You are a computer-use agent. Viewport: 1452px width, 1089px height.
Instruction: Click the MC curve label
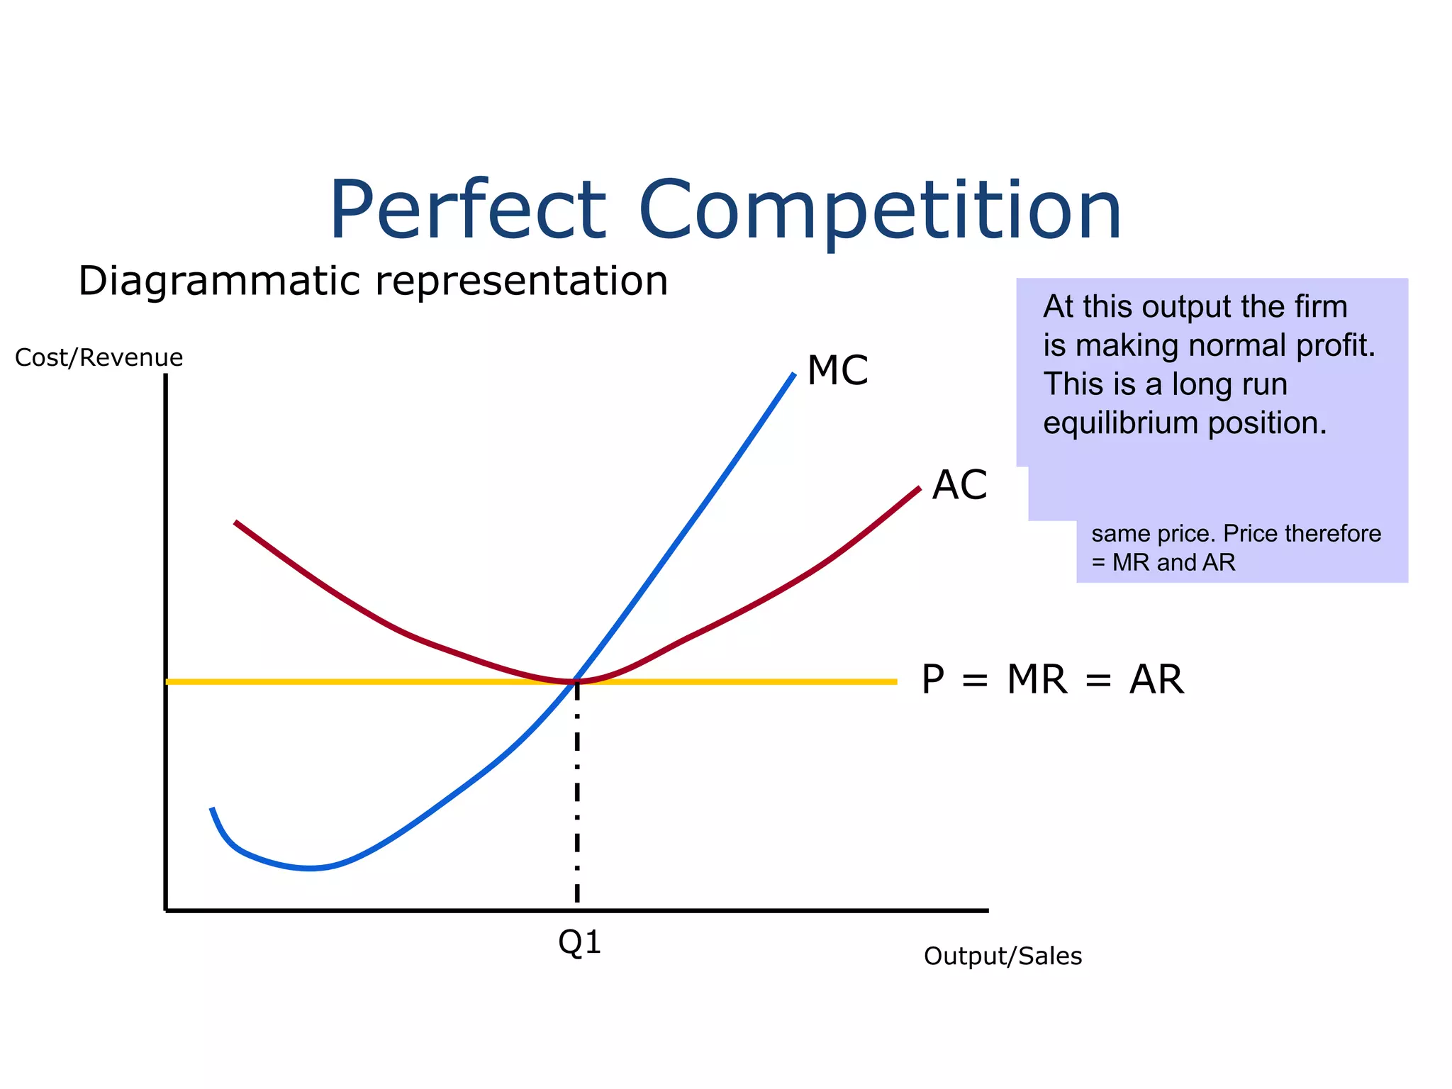837,370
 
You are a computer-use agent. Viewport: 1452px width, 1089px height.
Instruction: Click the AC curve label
959,486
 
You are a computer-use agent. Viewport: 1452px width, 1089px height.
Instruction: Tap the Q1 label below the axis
579,943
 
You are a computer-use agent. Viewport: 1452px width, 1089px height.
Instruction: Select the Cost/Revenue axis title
99,357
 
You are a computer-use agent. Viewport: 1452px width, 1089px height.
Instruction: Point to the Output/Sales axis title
1003,956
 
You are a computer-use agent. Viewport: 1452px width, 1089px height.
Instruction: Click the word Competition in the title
880,211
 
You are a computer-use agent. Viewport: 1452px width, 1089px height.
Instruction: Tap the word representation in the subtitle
521,281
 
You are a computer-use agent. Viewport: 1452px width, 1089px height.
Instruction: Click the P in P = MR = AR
933,679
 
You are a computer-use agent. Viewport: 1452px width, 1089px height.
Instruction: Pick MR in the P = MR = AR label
1037,679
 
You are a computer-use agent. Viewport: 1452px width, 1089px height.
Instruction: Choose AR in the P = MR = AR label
1156,679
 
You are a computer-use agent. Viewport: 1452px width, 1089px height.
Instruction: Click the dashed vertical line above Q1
577,794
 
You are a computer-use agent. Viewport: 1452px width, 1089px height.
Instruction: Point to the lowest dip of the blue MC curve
310,869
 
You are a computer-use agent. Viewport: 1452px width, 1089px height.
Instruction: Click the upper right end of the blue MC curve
793,376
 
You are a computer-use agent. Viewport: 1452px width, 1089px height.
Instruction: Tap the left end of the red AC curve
237,523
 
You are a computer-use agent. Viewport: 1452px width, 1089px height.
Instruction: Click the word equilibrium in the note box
1121,423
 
